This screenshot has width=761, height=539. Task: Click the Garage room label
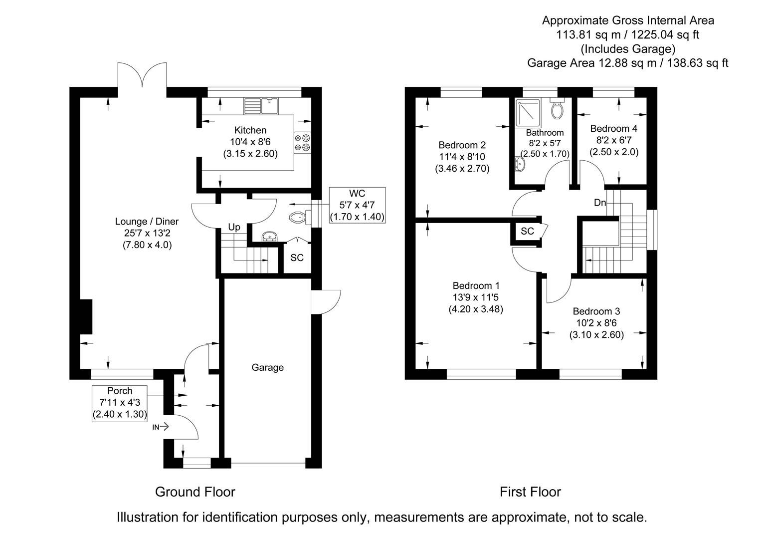click(268, 368)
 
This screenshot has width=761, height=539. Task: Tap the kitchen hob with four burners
click(302, 142)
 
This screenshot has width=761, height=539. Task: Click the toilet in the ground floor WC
click(299, 217)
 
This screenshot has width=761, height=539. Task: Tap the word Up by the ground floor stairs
click(234, 228)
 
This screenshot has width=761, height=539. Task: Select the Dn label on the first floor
click(600, 203)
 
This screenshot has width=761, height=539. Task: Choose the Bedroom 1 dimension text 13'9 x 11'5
click(476, 297)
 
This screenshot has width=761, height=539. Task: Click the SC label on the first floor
click(527, 231)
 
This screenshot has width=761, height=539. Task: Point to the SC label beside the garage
click(297, 258)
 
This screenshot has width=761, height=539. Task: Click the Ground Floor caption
click(195, 492)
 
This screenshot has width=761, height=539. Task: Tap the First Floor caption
click(530, 492)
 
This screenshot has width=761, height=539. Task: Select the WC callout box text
click(357, 205)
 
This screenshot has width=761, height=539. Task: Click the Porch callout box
click(120, 403)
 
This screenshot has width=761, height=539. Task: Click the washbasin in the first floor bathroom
click(520, 164)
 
